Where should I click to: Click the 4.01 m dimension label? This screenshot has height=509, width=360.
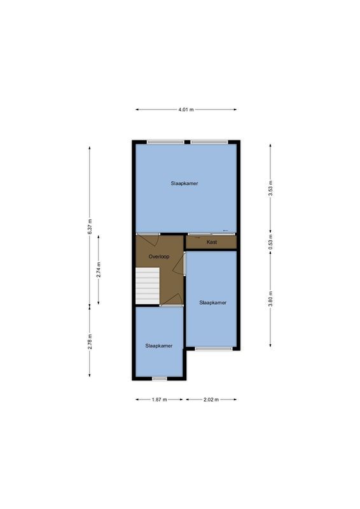pos(185,110)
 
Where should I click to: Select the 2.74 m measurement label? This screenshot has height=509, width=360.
pos(99,270)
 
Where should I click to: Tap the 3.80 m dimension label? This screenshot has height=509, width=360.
pos(271,299)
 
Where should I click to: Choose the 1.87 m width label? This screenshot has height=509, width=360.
pos(159,400)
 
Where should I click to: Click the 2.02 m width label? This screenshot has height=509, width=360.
pos(211,400)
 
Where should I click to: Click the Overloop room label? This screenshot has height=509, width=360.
pos(158,256)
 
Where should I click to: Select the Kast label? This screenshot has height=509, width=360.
pos(212,242)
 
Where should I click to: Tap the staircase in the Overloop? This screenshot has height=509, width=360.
pos(147,286)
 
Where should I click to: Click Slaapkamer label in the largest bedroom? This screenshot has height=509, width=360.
pos(184,183)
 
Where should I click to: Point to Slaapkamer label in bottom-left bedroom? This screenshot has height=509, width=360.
pos(158,345)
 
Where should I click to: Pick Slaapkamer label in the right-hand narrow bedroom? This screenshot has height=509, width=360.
pos(212,302)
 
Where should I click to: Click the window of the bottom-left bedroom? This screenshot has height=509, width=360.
pos(159,379)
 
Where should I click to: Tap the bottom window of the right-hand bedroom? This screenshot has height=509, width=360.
pos(213,348)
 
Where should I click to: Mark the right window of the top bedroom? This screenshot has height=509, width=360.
pos(209,142)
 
